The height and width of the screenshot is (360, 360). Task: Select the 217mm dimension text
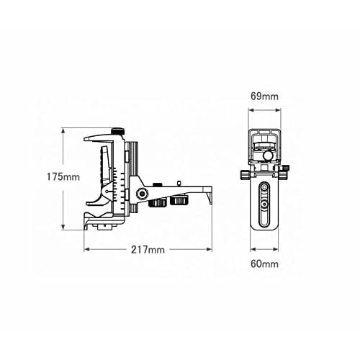(x=148, y=250)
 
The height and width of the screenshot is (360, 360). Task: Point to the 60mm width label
(x=265, y=264)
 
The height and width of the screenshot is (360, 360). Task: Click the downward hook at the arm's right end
(x=209, y=194)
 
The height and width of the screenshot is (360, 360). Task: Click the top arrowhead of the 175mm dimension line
(x=63, y=130)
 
